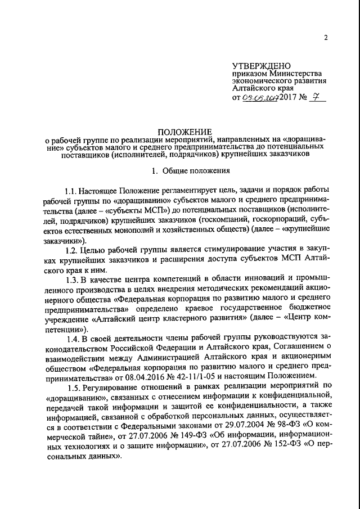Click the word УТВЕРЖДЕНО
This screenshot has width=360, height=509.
click(x=259, y=66)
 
